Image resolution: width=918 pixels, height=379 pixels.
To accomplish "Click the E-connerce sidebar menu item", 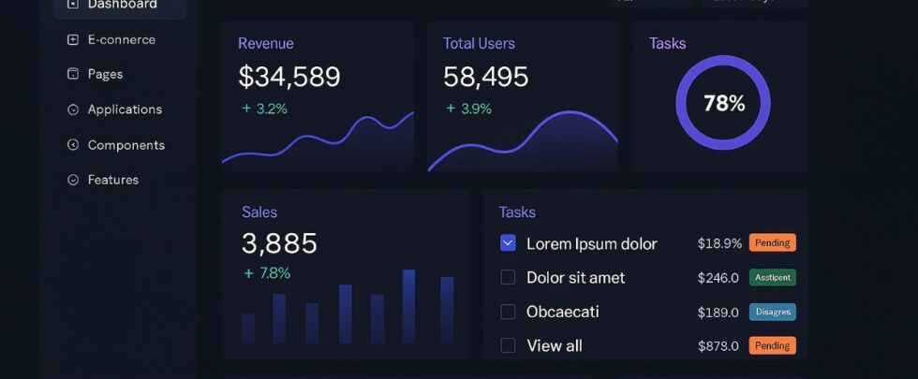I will [121, 39].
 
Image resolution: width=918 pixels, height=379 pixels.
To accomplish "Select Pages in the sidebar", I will [105, 74].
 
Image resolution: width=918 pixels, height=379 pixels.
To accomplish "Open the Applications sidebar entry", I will [125, 109].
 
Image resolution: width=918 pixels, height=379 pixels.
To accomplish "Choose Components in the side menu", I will [126, 145].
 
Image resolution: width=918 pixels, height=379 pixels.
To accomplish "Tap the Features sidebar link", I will [112, 180].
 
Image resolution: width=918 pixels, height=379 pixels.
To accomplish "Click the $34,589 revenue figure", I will [289, 77].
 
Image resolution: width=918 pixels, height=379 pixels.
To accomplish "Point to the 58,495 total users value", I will [485, 77].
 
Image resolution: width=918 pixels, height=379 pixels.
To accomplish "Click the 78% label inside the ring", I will [723, 103].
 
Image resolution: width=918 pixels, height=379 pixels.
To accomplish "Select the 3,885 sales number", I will [279, 243].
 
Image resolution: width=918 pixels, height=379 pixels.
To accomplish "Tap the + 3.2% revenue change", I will [265, 109].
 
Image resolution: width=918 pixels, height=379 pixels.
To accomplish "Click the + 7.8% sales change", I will [267, 273].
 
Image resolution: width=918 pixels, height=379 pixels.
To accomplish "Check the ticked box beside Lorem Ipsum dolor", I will [508, 243].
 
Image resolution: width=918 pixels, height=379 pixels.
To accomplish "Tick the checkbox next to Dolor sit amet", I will [508, 277].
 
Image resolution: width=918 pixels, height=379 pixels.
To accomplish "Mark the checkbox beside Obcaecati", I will [508, 312].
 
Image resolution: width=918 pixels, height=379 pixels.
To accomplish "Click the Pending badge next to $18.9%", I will [772, 243].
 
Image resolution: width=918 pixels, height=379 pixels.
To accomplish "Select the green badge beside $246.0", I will [772, 277].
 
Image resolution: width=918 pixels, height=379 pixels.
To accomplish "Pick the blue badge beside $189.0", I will [772, 312].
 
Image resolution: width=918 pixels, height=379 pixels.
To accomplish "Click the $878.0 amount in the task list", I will [718, 345].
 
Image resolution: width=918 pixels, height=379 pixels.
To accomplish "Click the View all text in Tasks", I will [555, 345].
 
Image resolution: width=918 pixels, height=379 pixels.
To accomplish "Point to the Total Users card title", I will [479, 43].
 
